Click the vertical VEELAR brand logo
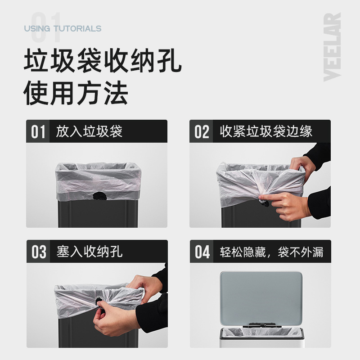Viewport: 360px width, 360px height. click(x=332, y=47)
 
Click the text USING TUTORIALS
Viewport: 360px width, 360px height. click(x=63, y=29)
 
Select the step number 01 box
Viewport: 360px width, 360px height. click(x=38, y=132)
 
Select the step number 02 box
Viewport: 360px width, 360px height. click(x=202, y=132)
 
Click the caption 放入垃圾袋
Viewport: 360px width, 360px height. click(x=89, y=131)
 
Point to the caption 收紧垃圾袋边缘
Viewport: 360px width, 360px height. click(x=266, y=131)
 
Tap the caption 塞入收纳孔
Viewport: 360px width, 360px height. click(x=89, y=252)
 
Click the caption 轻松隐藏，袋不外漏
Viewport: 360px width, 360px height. click(x=271, y=252)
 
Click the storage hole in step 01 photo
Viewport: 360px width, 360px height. click(x=99, y=196)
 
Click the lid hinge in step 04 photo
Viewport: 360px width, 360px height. click(x=261, y=324)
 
